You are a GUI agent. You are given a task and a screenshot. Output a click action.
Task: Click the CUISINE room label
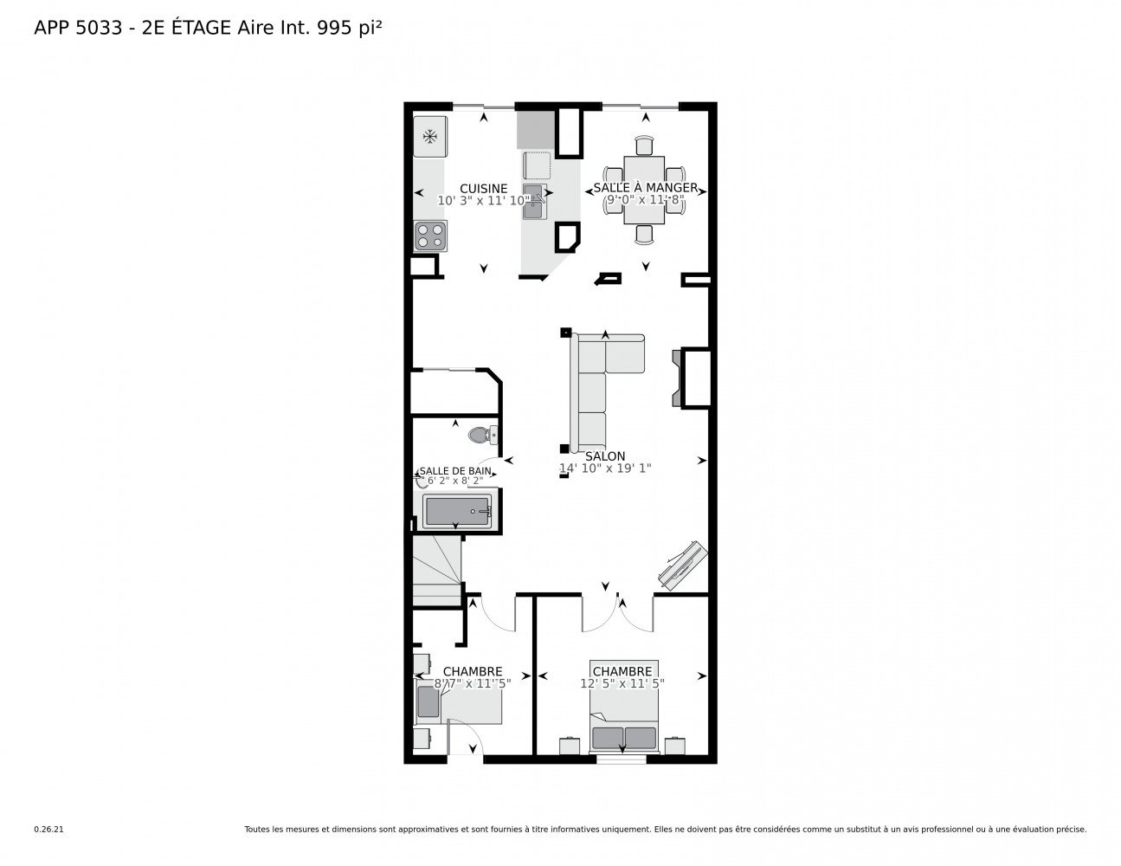tap(483, 189)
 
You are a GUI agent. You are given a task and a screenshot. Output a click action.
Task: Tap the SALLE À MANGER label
tap(645, 187)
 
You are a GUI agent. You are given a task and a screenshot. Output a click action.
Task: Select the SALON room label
tap(604, 456)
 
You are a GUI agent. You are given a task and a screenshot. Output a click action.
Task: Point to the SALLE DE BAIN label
tap(454, 470)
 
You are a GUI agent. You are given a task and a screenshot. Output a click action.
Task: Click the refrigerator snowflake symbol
tap(429, 136)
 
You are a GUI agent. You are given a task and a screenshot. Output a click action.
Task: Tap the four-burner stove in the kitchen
tap(429, 236)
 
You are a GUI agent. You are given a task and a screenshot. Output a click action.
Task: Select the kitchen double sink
tap(534, 201)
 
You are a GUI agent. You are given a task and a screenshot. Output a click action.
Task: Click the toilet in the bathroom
tap(483, 434)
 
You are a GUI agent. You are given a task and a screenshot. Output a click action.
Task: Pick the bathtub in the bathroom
tap(456, 511)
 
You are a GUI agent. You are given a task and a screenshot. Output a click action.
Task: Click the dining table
tap(643, 190)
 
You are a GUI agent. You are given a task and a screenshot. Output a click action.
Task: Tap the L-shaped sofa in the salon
tap(604, 392)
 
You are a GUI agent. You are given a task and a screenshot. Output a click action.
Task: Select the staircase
tap(436, 570)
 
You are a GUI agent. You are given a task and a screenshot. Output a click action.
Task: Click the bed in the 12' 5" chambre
tap(623, 706)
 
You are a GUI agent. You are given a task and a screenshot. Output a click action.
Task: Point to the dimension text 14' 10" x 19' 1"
tap(605, 469)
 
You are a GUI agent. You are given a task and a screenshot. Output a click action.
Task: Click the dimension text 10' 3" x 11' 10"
tap(483, 201)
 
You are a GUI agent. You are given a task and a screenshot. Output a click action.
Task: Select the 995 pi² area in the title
tap(349, 28)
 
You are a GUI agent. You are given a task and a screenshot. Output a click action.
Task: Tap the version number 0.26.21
tap(49, 830)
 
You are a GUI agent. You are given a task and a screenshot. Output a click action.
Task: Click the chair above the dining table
tap(643, 145)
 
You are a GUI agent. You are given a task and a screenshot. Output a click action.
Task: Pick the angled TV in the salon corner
tap(682, 565)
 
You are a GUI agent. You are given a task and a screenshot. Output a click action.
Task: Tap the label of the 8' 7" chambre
tap(472, 671)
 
